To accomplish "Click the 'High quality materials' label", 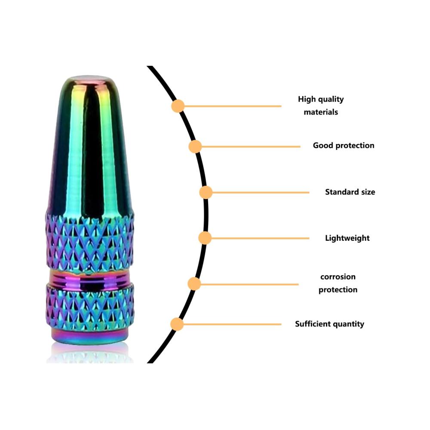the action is coord(321,106).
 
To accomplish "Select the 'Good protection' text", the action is coord(344,145).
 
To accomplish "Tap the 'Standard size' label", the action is coord(350,192).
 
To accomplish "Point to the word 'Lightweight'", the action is coord(347,238).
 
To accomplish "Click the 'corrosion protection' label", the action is coord(338,283).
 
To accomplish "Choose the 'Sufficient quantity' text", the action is coord(329,324).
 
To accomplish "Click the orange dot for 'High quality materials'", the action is coord(178,106).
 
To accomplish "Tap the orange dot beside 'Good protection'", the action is coord(195,147).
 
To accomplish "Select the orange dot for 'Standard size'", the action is coord(206,192).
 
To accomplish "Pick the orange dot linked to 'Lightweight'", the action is coord(205,238).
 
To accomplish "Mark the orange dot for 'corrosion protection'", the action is coord(194,283).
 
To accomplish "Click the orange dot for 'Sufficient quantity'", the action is coord(177,324).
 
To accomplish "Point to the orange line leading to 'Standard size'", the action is coord(261,193).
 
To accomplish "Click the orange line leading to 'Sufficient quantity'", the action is coord(232,324).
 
